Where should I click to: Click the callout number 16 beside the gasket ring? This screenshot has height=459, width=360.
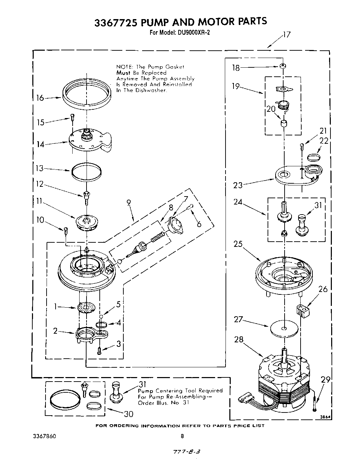(40, 98)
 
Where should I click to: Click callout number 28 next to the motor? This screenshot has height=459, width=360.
(239, 339)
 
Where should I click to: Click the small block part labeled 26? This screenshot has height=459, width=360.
(303, 310)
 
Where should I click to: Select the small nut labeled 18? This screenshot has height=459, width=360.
(284, 66)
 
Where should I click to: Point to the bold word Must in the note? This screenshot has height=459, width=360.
(123, 73)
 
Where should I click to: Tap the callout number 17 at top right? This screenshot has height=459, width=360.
(286, 35)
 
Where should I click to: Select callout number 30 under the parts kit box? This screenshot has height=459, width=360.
(128, 414)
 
